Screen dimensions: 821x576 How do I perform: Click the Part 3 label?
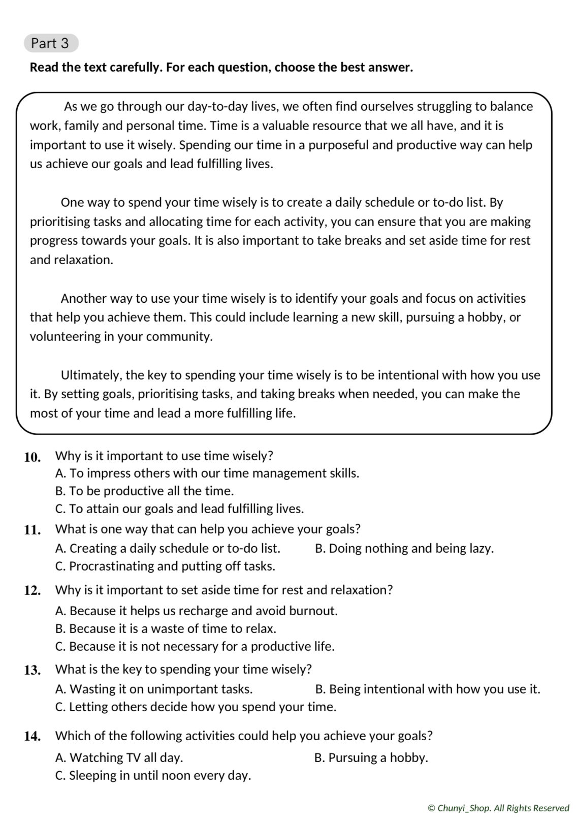[50, 44]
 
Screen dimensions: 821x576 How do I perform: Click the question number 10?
[33, 457]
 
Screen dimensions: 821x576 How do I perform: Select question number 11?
[33, 530]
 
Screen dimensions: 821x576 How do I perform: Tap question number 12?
[33, 591]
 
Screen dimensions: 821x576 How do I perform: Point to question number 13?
[33, 670]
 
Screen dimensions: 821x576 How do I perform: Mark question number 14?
[33, 737]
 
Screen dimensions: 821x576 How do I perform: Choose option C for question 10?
[179, 509]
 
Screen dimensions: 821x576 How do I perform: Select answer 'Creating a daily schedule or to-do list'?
[168, 549]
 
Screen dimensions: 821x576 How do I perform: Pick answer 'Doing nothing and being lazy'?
[404, 549]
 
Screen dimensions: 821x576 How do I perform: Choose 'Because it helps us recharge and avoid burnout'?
[197, 611]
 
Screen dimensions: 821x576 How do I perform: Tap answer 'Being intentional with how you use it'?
[428, 689]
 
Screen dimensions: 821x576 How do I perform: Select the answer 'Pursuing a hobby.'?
[371, 758]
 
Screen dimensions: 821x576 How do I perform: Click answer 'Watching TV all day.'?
[119, 758]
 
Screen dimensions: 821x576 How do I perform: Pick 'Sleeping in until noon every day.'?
[153, 776]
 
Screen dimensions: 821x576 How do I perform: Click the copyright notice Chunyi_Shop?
[498, 808]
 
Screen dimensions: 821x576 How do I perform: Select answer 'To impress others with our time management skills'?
[207, 473]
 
